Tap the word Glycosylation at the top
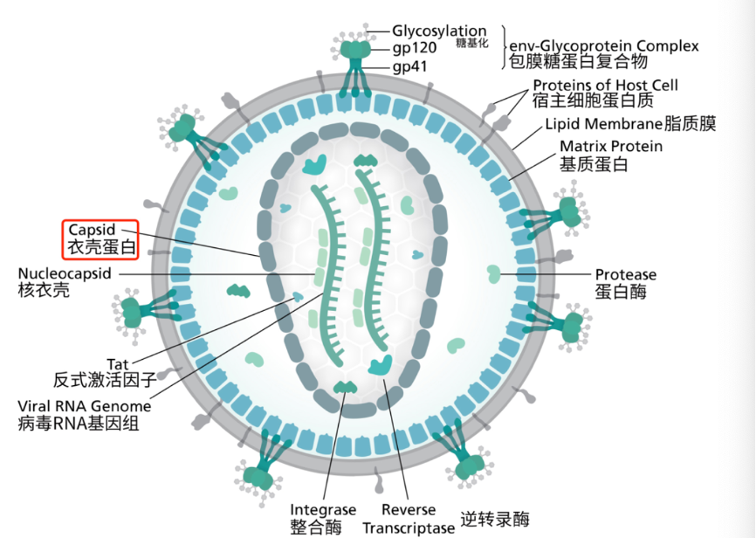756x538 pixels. pyautogui.click(x=438, y=31)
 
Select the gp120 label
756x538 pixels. pyautogui.click(x=414, y=48)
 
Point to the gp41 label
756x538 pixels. pyautogui.click(x=409, y=66)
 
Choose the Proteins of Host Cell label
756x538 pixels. pyautogui.click(x=605, y=86)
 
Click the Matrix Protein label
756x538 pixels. pyautogui.click(x=610, y=146)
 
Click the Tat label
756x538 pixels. pyautogui.click(x=118, y=362)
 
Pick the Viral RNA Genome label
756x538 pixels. pyautogui.click(x=84, y=406)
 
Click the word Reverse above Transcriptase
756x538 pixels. pyautogui.click(x=409, y=509)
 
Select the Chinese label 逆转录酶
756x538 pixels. pyautogui.click(x=495, y=520)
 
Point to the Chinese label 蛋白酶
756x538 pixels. pyautogui.click(x=621, y=293)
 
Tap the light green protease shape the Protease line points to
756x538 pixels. pyautogui.click(x=494, y=274)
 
